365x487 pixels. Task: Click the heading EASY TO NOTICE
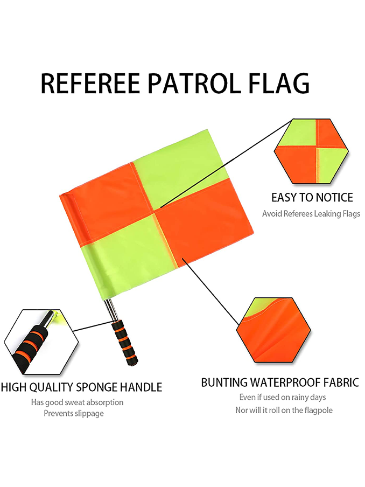coord(312,197)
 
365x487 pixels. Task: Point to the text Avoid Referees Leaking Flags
coord(311,214)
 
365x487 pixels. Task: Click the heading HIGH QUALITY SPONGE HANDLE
coord(81,387)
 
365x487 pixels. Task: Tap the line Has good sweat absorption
coord(77,402)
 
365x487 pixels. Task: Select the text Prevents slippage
coord(74,413)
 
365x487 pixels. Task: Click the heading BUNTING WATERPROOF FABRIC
coord(279,383)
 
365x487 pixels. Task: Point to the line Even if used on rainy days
coord(283,398)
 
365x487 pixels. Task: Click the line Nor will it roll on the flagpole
coord(284,410)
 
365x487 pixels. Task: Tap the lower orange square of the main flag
coord(205,221)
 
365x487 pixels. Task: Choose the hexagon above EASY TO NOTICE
coord(312,151)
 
